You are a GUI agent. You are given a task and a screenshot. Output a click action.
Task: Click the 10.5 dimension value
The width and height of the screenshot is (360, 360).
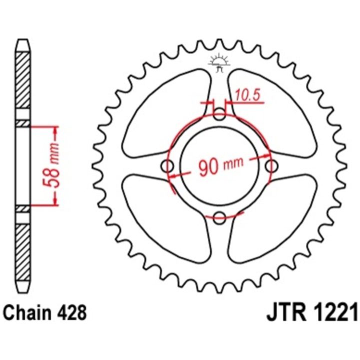pyautogui.click(x=248, y=95)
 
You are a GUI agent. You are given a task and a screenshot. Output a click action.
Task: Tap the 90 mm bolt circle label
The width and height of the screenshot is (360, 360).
pyautogui.click(x=220, y=166)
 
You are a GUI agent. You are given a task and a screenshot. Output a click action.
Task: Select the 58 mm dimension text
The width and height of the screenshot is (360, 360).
pyautogui.click(x=50, y=165)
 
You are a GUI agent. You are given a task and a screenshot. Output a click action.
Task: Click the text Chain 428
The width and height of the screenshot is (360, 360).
pyautogui.click(x=45, y=312)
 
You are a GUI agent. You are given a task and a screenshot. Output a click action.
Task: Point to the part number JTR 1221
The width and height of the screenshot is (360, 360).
pyautogui.click(x=312, y=312)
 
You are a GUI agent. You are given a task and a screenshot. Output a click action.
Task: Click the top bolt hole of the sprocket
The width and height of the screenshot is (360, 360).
pyautogui.click(x=219, y=114)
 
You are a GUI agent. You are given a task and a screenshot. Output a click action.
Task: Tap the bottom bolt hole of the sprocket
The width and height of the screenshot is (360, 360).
pyautogui.click(x=219, y=217)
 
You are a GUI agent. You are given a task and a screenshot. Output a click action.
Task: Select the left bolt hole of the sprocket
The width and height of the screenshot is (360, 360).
pyautogui.click(x=167, y=166)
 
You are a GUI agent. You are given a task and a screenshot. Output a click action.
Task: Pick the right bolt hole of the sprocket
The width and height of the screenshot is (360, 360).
pyautogui.click(x=271, y=166)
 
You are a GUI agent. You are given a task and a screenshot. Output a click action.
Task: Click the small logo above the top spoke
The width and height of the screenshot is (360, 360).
pyautogui.click(x=219, y=62)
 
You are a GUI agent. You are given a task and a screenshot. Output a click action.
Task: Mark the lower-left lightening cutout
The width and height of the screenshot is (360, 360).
pyautogui.click(x=167, y=218)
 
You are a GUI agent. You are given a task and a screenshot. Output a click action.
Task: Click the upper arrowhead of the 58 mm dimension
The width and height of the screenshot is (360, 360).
pyautogui.click(x=55, y=130)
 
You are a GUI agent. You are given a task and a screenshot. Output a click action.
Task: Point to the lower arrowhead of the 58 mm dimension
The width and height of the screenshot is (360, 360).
pyautogui.click(x=55, y=200)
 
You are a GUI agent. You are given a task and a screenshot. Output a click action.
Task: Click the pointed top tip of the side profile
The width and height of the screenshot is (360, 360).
pyautogui.click(x=23, y=39)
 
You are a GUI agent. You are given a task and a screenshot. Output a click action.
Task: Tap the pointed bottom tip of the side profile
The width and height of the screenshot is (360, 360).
pyautogui.click(x=23, y=293)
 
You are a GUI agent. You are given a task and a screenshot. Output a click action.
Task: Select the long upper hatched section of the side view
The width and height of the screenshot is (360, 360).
pyautogui.click(x=23, y=80)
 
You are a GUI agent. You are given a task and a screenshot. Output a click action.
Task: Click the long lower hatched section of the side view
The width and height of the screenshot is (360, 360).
pyautogui.click(x=23, y=252)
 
